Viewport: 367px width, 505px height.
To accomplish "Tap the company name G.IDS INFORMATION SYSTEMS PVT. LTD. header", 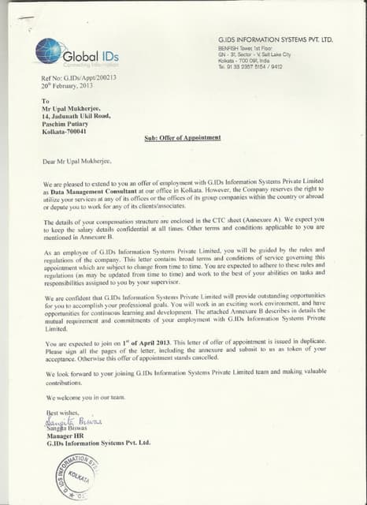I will click(275, 39).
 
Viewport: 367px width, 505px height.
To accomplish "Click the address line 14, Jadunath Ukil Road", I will click(75, 115).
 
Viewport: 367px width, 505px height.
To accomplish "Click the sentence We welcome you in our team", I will click(86, 397).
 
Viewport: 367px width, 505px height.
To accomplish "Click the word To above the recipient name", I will click(45, 101).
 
